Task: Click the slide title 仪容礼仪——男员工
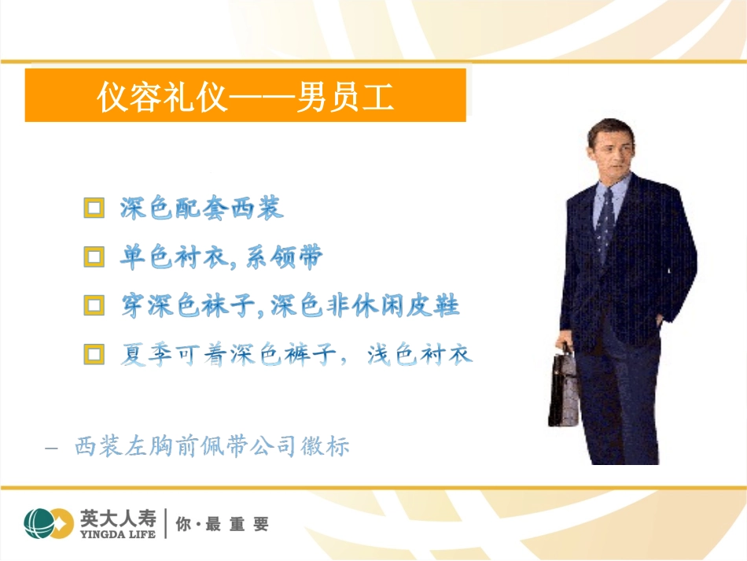[245, 98]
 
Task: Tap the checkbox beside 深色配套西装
[94, 209]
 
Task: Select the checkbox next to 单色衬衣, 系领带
[94, 257]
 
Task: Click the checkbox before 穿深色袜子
[94, 305]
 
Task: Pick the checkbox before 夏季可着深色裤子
[94, 354]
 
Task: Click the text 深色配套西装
[201, 209]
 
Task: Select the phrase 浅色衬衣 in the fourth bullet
[420, 355]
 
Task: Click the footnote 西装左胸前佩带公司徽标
[212, 447]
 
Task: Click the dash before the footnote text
[53, 448]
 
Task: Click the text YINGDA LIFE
[118, 534]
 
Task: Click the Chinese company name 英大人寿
[118, 518]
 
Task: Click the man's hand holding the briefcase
[565, 349]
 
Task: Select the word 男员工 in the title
[345, 98]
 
